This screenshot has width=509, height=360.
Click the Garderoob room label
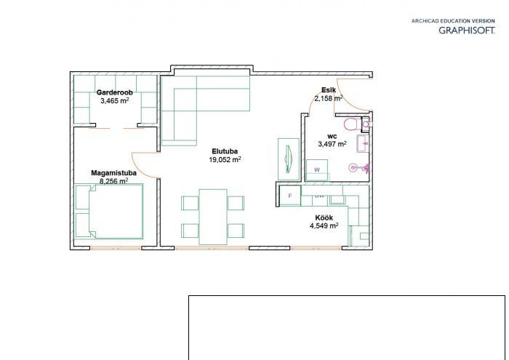tap(114, 92)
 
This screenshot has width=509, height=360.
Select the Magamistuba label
tap(113, 173)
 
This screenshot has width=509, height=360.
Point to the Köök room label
tap(324, 217)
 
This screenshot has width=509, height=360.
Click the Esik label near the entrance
tap(329, 90)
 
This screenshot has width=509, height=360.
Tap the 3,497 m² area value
tap(332, 144)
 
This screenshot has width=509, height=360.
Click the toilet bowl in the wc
tap(351, 124)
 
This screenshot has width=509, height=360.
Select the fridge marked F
tap(290, 196)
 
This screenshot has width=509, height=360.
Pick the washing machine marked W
tap(317, 169)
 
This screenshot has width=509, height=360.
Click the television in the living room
tap(289, 159)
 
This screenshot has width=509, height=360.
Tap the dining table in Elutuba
tap(212, 217)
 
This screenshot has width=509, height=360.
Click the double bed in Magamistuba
tap(109, 212)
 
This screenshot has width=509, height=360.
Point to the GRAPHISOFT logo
tap(467, 31)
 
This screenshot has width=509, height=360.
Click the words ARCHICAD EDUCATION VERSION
tap(453, 21)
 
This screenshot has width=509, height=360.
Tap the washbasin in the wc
tap(363, 144)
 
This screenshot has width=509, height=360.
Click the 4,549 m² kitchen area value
tap(324, 226)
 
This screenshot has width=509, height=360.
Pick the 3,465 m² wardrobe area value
tap(115, 100)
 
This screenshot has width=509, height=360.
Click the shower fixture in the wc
tap(359, 168)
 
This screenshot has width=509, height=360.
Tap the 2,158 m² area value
tap(328, 98)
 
